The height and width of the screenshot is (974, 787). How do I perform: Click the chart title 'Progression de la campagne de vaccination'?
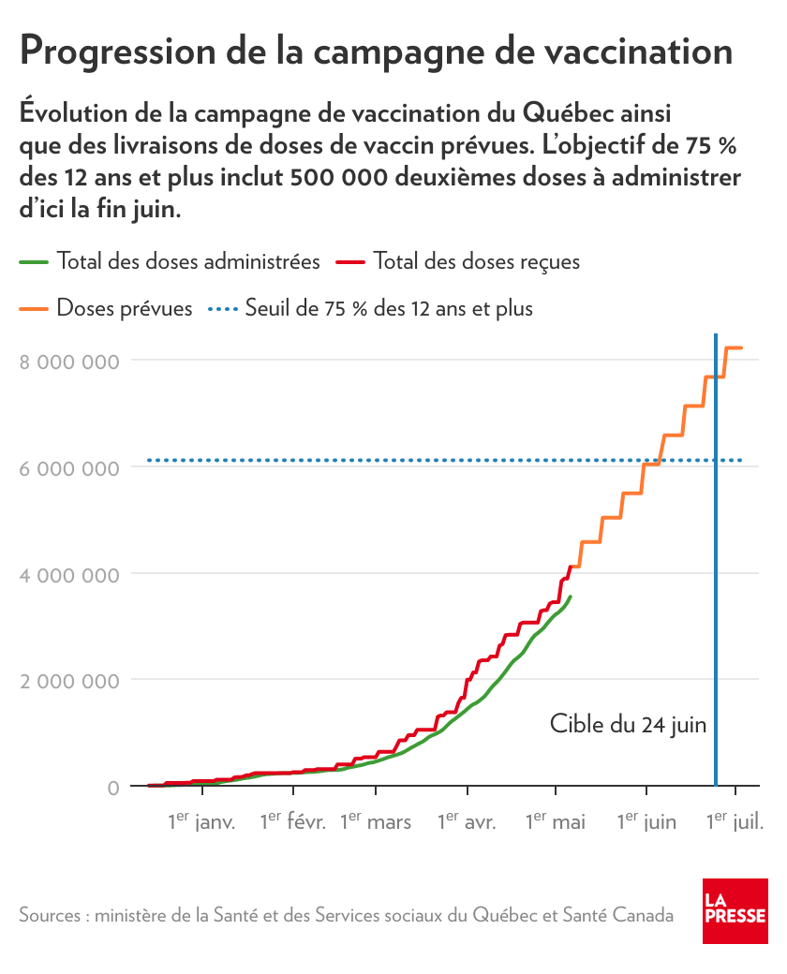click(x=376, y=52)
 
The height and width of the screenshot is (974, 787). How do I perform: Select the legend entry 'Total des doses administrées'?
click(x=188, y=261)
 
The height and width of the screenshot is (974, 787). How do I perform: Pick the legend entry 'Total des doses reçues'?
click(x=476, y=261)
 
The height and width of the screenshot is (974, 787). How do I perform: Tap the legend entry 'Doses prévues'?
click(x=125, y=308)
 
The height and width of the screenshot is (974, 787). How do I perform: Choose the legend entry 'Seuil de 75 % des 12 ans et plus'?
click(x=388, y=308)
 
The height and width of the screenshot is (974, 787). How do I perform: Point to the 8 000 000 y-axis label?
click(x=69, y=362)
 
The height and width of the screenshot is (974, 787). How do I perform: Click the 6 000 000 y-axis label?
click(x=69, y=467)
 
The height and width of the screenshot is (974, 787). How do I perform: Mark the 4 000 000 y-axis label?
click(x=69, y=574)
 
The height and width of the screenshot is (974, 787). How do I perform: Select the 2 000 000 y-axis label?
click(x=69, y=680)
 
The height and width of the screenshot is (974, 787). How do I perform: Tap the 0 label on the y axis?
click(x=112, y=787)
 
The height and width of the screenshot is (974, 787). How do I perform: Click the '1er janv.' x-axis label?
click(x=201, y=821)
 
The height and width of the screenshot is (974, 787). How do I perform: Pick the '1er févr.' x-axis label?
click(x=292, y=821)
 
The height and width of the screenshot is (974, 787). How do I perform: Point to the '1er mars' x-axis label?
click(x=376, y=821)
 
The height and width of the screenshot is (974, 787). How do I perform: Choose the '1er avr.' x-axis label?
click(x=467, y=821)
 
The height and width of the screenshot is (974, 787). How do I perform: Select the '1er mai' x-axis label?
click(x=556, y=821)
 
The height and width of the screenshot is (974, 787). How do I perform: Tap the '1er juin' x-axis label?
click(x=646, y=821)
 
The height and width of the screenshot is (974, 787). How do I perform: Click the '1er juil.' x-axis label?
click(x=735, y=821)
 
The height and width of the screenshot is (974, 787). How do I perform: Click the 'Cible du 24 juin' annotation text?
click(x=628, y=724)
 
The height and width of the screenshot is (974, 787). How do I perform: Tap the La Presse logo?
click(x=735, y=911)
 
